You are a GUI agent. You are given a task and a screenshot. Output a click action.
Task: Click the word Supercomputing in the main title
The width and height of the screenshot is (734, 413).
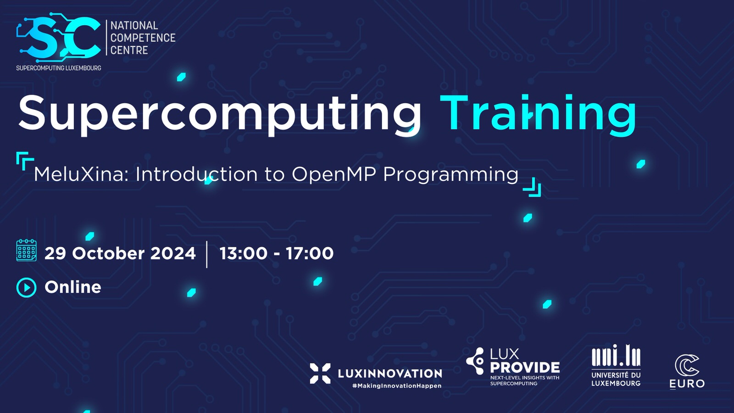[x=220, y=114]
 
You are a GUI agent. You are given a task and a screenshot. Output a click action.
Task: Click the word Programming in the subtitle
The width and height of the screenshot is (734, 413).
[x=450, y=175]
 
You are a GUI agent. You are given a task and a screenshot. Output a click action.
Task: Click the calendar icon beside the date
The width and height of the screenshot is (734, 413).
[x=26, y=250]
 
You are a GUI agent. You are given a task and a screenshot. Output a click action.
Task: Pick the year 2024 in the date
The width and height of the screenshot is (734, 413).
[x=172, y=253]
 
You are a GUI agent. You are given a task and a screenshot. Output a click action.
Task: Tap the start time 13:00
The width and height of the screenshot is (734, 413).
[x=243, y=253]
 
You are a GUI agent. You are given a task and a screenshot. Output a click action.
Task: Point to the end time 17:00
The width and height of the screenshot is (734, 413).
[x=310, y=253]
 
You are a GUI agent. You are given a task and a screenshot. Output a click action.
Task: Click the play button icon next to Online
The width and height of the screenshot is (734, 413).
[x=26, y=287]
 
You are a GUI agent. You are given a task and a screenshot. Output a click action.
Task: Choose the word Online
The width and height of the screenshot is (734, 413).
[x=73, y=287]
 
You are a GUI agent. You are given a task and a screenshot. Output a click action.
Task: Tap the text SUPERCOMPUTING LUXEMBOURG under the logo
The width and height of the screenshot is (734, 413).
[x=59, y=68]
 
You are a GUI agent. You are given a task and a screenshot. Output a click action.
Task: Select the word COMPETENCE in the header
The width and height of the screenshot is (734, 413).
[x=143, y=38]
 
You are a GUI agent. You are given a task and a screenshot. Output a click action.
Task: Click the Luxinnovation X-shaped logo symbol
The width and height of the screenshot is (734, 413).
[x=320, y=374]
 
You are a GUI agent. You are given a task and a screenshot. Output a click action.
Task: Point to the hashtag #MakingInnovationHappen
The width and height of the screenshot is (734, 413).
[x=397, y=386]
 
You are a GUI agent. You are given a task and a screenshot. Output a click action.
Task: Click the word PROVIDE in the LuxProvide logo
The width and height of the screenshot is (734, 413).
[x=525, y=368]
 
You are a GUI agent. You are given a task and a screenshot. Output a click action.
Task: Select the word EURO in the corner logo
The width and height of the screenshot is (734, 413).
[x=687, y=384]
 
